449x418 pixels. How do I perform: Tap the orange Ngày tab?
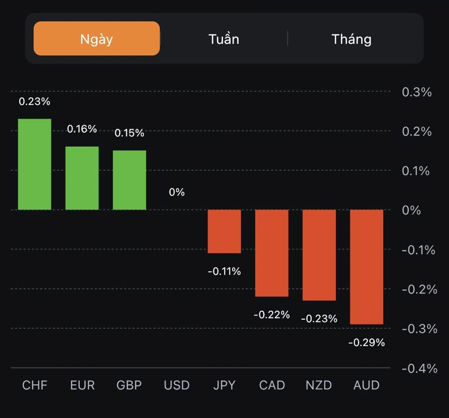(97, 38)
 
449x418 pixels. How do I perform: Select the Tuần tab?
(224, 38)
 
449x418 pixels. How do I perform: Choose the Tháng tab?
(351, 38)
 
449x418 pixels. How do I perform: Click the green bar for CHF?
(35, 164)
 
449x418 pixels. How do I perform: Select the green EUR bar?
(82, 178)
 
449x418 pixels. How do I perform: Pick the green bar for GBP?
(130, 180)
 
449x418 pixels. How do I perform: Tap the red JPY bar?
(224, 231)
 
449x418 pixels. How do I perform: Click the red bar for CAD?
(272, 253)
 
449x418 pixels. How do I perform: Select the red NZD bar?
(319, 255)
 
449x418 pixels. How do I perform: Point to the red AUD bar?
(366, 267)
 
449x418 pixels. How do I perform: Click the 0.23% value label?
(35, 102)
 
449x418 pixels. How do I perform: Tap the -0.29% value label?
(366, 342)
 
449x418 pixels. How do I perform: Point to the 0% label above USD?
(177, 192)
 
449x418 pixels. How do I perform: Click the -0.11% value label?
(224, 271)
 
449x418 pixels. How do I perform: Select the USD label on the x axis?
(177, 385)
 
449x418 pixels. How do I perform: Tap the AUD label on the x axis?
(366, 385)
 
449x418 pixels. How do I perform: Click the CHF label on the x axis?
(35, 385)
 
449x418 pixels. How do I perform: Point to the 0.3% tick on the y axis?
(417, 92)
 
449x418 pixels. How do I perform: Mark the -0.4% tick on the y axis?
(419, 368)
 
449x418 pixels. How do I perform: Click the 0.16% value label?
(82, 129)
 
